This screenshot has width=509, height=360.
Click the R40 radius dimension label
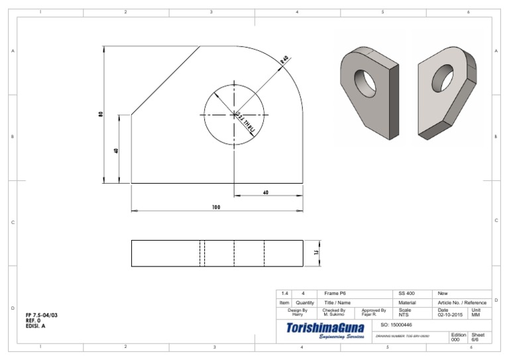point(284,60)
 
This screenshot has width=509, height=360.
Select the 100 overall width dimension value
point(216,207)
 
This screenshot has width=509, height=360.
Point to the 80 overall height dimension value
point(101,114)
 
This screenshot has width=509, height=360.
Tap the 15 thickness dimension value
point(317,253)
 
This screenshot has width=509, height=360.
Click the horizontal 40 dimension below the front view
point(266,192)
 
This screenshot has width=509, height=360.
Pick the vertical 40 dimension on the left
point(116,150)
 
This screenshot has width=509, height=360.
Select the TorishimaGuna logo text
point(325,328)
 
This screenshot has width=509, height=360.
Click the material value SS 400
point(406,293)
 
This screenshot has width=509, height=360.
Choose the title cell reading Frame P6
point(335,293)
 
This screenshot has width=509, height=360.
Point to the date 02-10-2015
point(451,315)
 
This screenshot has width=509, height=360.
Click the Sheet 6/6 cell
point(478,337)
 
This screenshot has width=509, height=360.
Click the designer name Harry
point(298,315)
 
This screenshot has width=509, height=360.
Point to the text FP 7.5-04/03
point(41,315)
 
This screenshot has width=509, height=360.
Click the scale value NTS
point(404,315)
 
